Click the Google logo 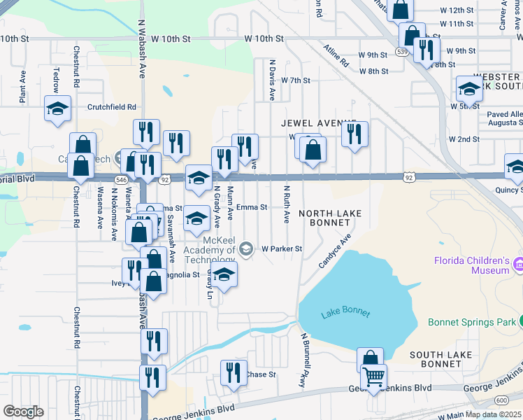coord(23,412)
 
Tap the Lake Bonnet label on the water coord(345,314)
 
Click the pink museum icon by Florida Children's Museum coord(518,265)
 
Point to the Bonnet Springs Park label coord(470,323)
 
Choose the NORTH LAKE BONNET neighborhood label coord(324,218)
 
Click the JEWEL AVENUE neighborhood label coord(318,122)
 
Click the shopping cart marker coord(373,378)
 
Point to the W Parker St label coord(282,248)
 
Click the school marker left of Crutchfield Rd coord(57,109)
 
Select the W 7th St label coord(295,80)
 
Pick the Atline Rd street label coord(336,55)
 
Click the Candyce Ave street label coord(334,254)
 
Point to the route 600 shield coord(501,400)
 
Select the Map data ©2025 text coord(494,414)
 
